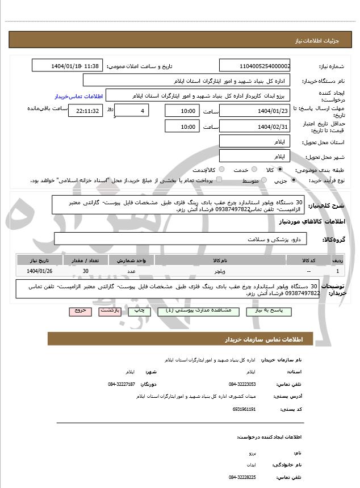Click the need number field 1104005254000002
point(254,66)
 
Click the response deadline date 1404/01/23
point(254,111)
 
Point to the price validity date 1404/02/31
point(254,127)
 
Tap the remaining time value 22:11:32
point(86,111)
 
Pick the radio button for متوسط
point(262,180)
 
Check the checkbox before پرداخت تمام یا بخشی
point(220,180)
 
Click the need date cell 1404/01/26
point(39,271)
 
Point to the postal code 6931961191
point(244,409)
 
